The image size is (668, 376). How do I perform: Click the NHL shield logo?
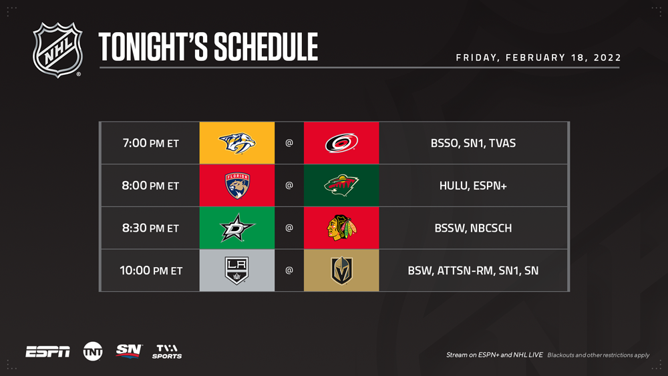[x=57, y=50]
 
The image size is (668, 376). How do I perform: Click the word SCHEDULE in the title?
[x=266, y=47]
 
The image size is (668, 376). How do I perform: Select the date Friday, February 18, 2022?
[x=538, y=57]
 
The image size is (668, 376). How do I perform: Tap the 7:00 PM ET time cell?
[x=150, y=143]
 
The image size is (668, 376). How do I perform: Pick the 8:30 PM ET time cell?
[x=150, y=228]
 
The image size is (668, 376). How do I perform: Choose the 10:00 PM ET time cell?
[x=150, y=270]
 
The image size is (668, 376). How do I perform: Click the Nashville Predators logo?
[x=237, y=143]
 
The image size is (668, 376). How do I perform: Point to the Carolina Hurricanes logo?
[x=341, y=143]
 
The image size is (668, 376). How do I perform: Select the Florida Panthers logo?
[x=237, y=186]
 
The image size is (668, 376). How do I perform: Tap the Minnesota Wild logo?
[x=341, y=186]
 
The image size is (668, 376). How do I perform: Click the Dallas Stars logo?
[x=237, y=228]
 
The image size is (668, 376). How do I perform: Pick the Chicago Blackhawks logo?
[x=341, y=228]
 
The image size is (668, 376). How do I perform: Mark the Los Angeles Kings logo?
[x=237, y=270]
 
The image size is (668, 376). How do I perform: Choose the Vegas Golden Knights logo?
[x=341, y=270]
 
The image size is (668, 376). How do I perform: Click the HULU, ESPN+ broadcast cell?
[x=473, y=186]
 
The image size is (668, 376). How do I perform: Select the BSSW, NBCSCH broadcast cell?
[x=473, y=228]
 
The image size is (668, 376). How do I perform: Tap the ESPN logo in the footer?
[x=47, y=352]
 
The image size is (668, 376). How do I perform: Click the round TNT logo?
[x=93, y=352]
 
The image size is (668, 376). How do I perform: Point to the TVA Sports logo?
[x=167, y=352]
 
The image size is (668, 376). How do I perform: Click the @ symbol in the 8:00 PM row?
[x=289, y=185]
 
